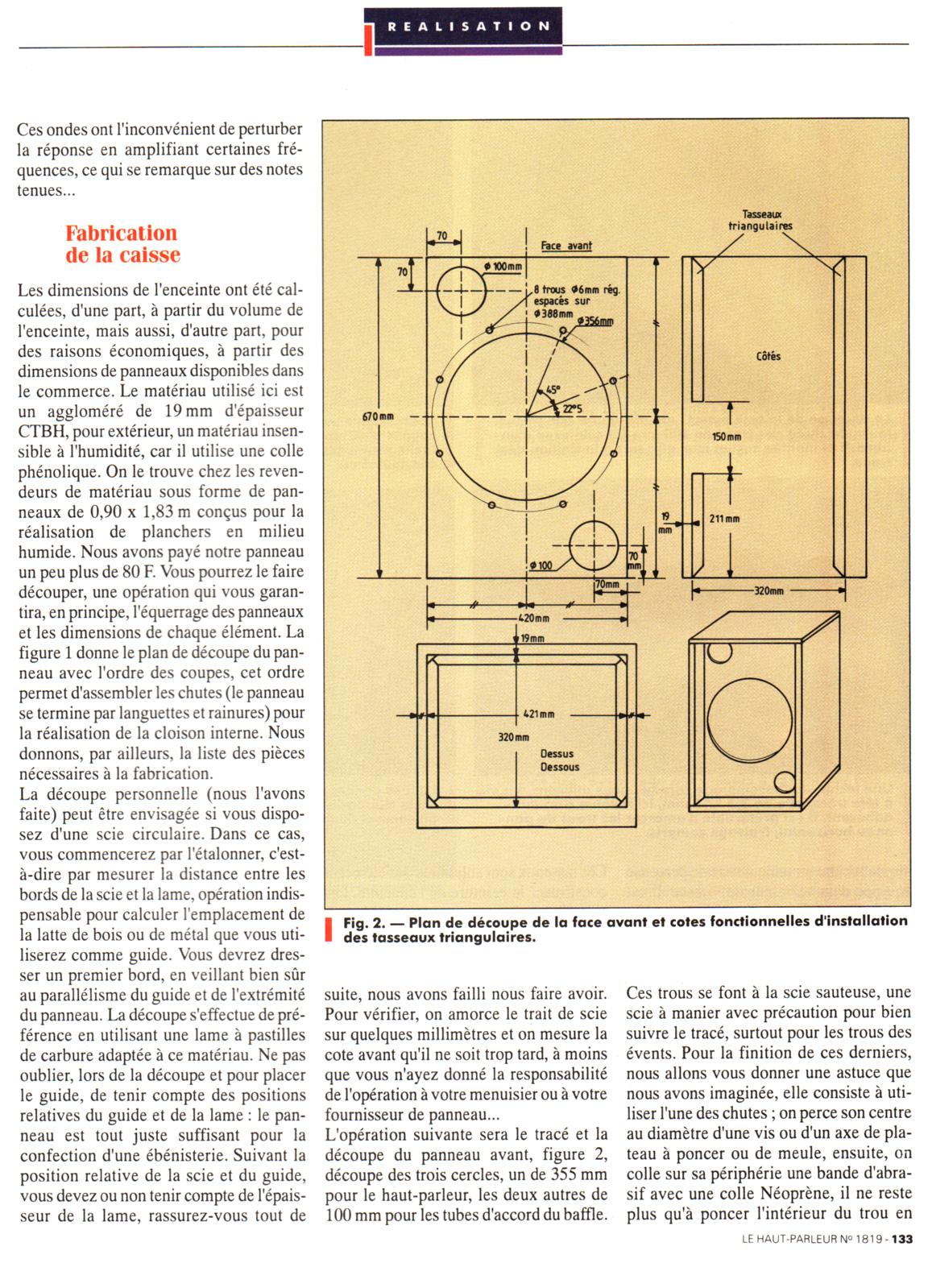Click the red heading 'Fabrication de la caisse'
(x=122, y=244)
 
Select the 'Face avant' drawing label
(x=566, y=245)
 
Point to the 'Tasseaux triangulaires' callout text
(x=755, y=220)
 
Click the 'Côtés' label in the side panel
(x=768, y=356)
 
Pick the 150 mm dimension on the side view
(x=727, y=437)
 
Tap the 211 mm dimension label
(x=724, y=519)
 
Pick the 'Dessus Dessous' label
(x=558, y=760)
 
